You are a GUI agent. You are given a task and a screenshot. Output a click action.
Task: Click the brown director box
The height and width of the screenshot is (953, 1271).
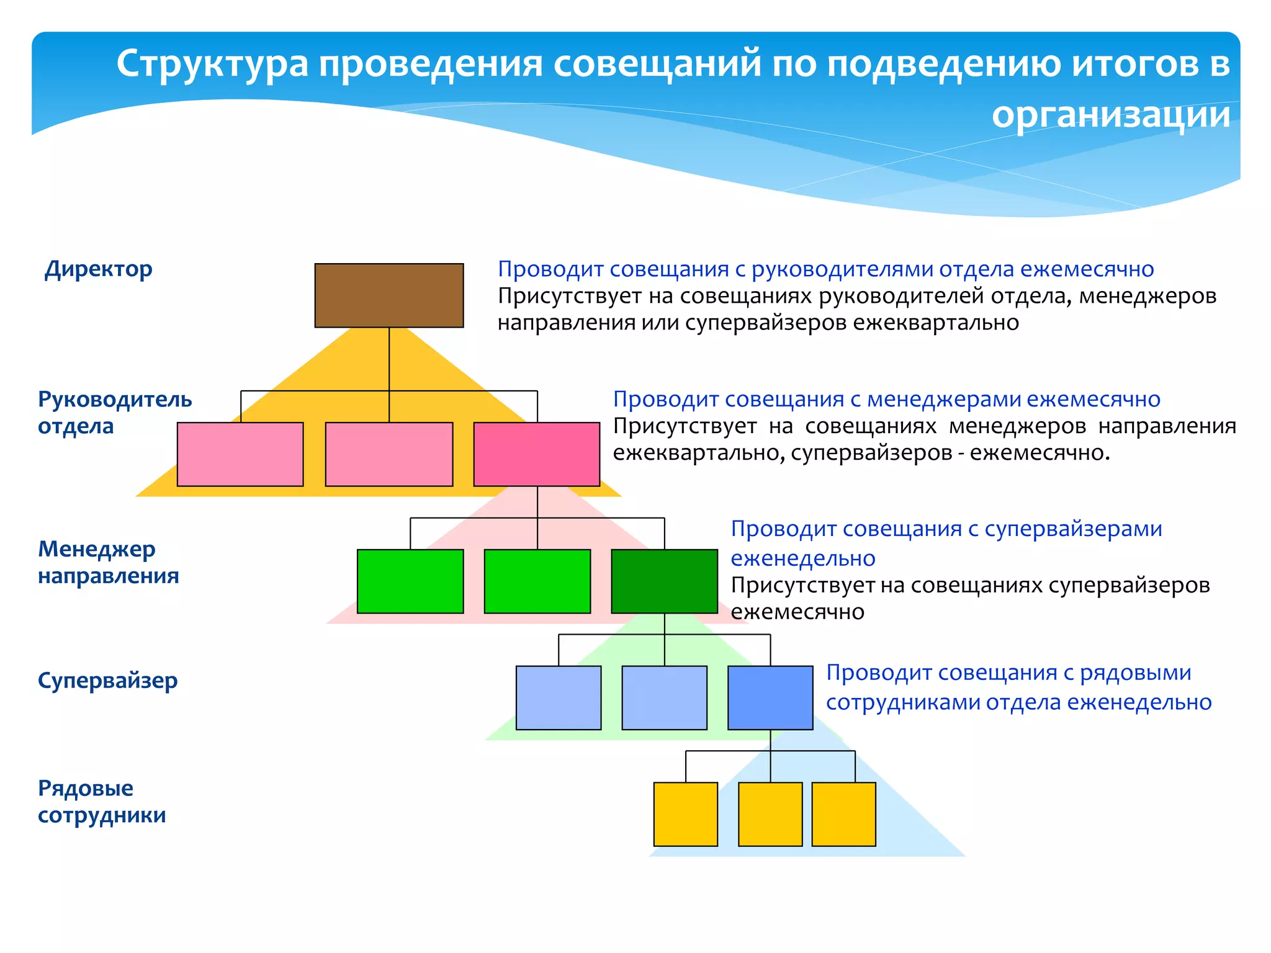[x=389, y=295]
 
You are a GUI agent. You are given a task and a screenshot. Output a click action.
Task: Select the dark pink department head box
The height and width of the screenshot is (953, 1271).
[x=537, y=454]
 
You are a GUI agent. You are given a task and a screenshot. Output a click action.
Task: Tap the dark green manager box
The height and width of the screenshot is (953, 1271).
[x=664, y=581]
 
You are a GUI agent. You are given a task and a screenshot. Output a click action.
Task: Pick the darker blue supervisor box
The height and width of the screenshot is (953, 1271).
[x=770, y=697]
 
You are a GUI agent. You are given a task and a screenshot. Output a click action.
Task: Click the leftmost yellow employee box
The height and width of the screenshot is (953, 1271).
[x=685, y=814]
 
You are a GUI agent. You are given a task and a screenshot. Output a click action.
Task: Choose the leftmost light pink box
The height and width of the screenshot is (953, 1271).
[x=240, y=454]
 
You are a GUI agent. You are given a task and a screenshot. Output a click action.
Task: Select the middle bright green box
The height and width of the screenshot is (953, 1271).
[x=537, y=581]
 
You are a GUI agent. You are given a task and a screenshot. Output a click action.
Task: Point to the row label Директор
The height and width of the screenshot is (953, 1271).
[x=98, y=269]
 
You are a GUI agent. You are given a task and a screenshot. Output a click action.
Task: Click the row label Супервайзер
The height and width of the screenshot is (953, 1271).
[x=107, y=681]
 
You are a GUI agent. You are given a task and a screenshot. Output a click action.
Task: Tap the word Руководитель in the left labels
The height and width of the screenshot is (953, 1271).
[x=115, y=400]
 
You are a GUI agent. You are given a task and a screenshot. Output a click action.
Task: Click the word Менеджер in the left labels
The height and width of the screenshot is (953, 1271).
[x=96, y=550]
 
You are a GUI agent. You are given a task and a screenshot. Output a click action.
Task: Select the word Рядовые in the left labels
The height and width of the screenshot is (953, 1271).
[x=86, y=789]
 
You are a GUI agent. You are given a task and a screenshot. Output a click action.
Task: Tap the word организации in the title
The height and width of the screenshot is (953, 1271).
[x=1110, y=115]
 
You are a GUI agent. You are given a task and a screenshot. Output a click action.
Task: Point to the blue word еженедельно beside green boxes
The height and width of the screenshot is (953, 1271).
[x=802, y=559]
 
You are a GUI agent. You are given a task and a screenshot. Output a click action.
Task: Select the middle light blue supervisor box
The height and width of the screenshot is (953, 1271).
[x=664, y=697]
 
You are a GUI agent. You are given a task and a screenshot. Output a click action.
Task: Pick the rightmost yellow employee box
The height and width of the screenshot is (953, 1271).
[x=843, y=814]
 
